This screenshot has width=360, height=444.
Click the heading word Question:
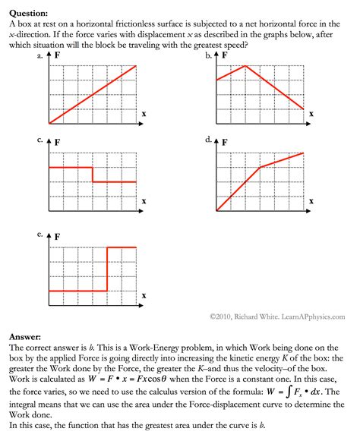click(x=28, y=13)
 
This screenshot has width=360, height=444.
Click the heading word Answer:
click(x=25, y=334)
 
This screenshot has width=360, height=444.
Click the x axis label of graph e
click(x=144, y=294)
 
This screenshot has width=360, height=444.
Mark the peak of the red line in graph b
click(x=245, y=65)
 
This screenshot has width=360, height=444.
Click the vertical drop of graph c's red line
click(x=93, y=175)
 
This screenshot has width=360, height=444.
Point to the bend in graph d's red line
click(x=260, y=167)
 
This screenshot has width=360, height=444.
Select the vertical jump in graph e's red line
click(x=107, y=269)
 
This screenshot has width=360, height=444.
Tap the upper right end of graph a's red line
click(x=136, y=65)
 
